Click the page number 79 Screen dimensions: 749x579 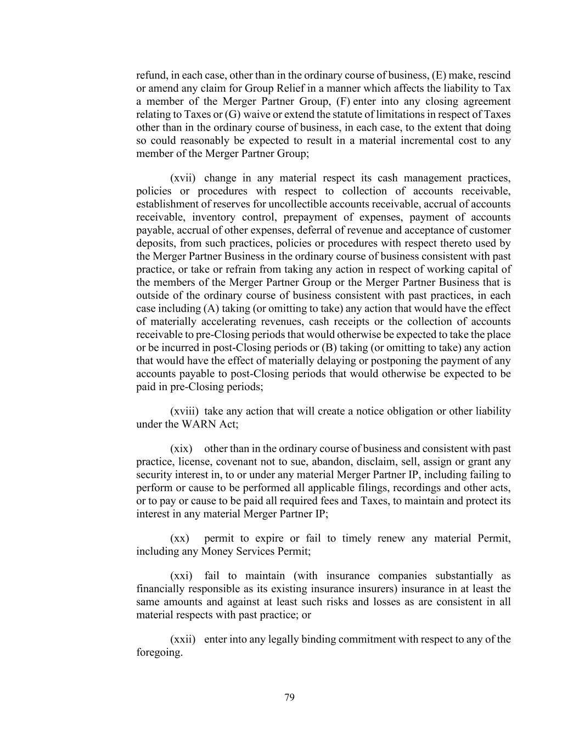click(290, 697)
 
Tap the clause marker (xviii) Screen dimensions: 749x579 click(184, 412)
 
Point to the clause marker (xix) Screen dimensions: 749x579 click(181, 449)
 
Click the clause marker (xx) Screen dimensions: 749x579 click(179, 539)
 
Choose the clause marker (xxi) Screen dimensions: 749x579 click(181, 576)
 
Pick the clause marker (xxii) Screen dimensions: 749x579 click(183, 640)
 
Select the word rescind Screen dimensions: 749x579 click(493, 75)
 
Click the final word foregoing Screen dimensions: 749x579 click(159, 653)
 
